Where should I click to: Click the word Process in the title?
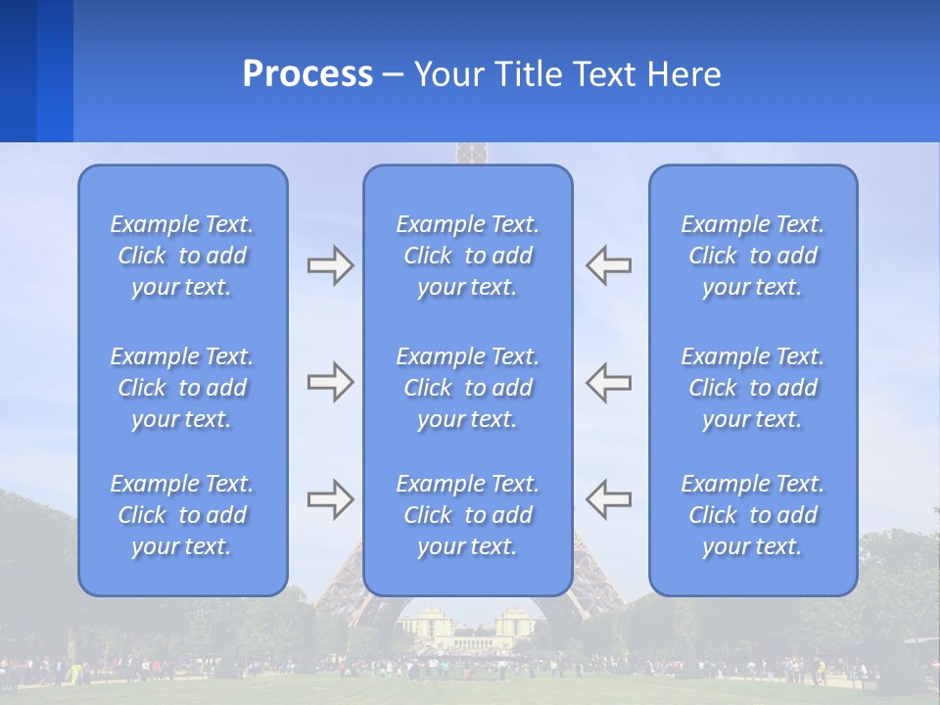pos(307,74)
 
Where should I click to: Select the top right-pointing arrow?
pos(330,265)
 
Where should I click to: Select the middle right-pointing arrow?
pos(330,382)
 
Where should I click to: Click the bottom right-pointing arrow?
pos(330,499)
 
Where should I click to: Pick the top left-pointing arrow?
pos(609,265)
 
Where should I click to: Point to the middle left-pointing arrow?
pos(609,382)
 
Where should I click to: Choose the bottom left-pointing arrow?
pos(609,499)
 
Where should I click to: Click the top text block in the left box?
pos(182,256)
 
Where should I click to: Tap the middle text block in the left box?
pos(182,388)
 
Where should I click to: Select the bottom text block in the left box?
pos(182,515)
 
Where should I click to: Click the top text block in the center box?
pos(467,256)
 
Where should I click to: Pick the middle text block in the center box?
pos(467,388)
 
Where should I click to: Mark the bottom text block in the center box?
pos(467,515)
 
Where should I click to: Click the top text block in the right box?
pos(752,256)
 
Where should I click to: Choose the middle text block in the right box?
pos(752,388)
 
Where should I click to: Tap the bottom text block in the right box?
pos(752,515)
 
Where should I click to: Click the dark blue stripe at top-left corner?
pos(18,69)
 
